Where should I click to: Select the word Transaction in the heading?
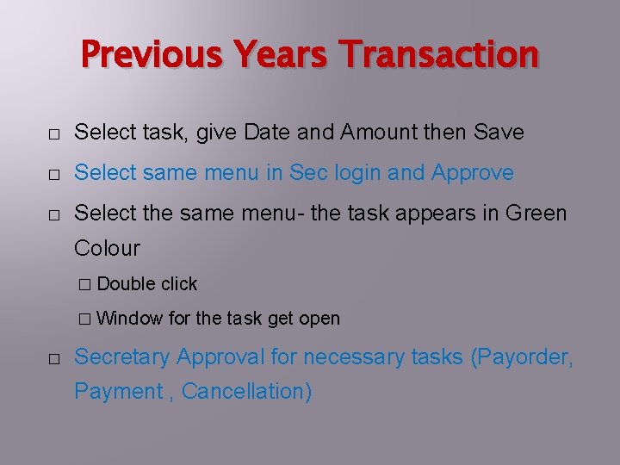tap(439, 55)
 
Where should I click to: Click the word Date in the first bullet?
tap(268, 133)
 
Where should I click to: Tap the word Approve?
tap(473, 173)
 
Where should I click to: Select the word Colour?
tap(107, 249)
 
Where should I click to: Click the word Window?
tap(130, 319)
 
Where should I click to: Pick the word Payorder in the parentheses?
tap(523, 356)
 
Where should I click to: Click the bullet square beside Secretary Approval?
tap(53, 357)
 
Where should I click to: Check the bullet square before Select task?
tap(53, 134)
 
